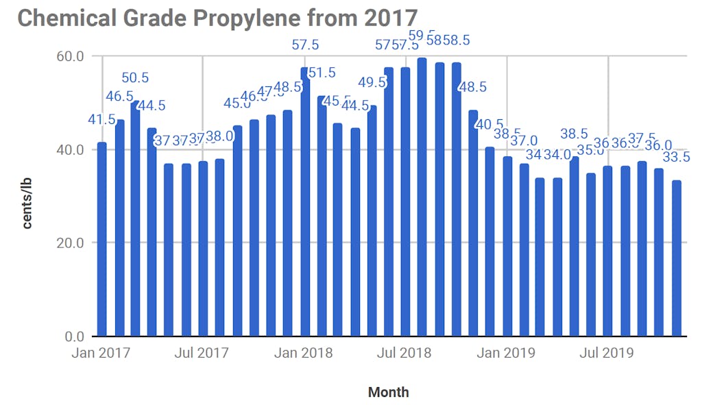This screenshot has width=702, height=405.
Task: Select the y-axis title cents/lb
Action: pyautogui.click(x=27, y=203)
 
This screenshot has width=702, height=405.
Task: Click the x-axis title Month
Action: pyautogui.click(x=388, y=392)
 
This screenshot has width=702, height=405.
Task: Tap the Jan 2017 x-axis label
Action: pyautogui.click(x=102, y=354)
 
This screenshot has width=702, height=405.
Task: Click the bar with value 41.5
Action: pyautogui.click(x=102, y=240)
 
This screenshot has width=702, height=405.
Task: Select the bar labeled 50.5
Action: pyautogui.click(x=136, y=219)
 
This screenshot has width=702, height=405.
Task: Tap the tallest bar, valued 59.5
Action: pyautogui.click(x=422, y=199)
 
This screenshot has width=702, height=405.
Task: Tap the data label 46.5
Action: pyautogui.click(x=119, y=96)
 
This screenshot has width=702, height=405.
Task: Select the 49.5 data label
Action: pyautogui.click(x=372, y=83)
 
